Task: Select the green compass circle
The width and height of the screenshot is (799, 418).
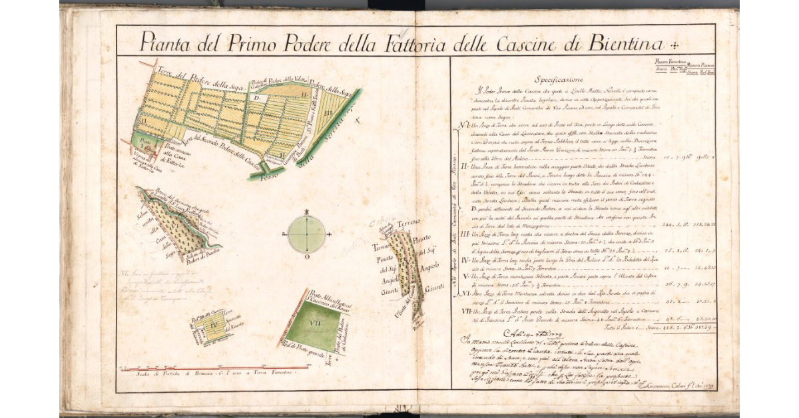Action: coord(306,234)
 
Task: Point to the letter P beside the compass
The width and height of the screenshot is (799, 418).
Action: coord(284,234)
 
